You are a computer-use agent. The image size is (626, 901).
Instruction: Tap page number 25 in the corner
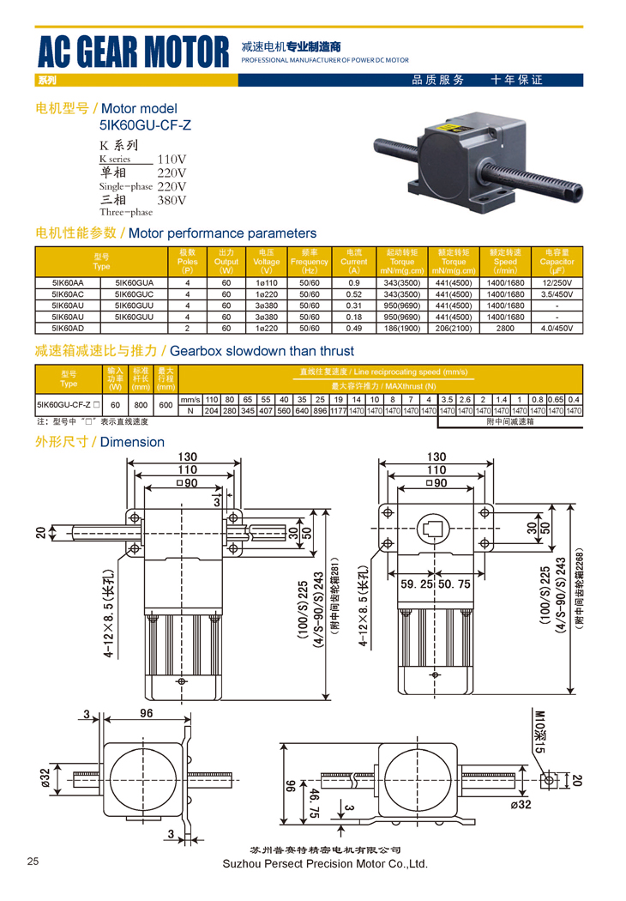33,862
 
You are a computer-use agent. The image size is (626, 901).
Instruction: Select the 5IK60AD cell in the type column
68,328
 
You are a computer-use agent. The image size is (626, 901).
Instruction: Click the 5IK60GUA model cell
134,282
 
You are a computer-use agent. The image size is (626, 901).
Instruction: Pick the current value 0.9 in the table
353,282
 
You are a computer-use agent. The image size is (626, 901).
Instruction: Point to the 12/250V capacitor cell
557,282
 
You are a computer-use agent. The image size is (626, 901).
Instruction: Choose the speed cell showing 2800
505,328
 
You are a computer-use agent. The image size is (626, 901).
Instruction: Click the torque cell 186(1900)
402,328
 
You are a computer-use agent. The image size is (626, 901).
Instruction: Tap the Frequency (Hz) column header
309,262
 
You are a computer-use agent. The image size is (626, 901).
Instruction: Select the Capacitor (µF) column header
557,262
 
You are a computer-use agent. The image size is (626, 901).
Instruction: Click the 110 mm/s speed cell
212,400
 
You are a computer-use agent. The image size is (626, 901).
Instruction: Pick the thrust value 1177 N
338,411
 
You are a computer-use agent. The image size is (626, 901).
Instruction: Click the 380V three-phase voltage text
172,200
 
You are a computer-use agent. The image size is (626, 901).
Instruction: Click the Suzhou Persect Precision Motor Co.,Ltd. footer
324,864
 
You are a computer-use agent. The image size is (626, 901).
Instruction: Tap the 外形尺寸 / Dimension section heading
99,442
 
